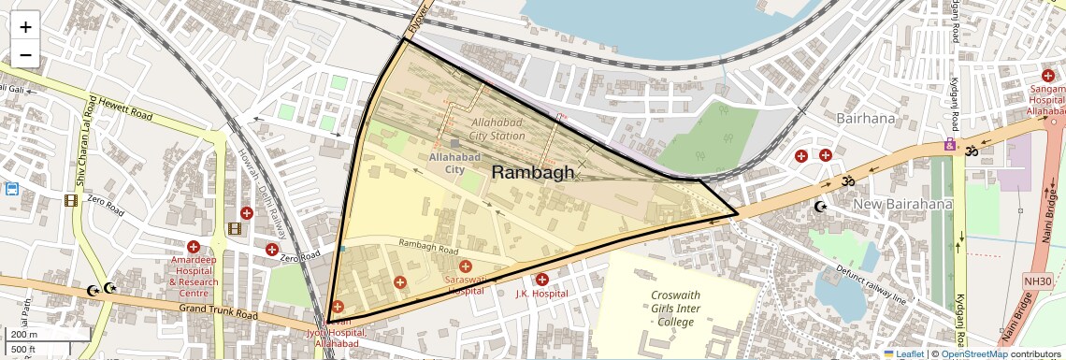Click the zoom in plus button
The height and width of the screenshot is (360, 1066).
[25, 26]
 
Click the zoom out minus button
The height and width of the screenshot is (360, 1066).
[25, 55]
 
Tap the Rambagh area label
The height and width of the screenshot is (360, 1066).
[533, 172]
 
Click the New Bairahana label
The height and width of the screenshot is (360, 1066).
[901, 205]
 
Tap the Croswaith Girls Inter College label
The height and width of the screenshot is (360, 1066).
[675, 308]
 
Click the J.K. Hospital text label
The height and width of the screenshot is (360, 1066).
[542, 294]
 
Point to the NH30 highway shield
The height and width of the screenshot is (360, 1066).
[1037, 281]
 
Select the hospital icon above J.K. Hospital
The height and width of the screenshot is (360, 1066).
[542, 279]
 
